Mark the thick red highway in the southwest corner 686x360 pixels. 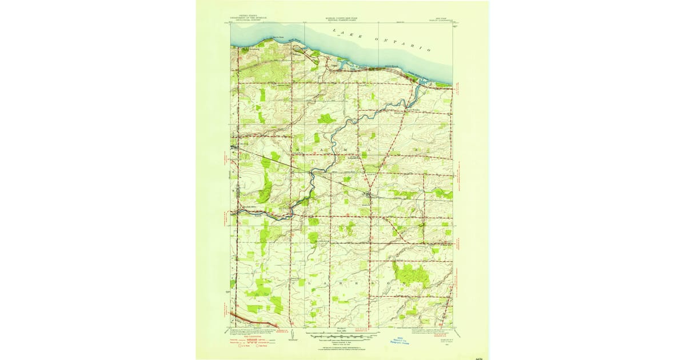[x=252, y=320]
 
